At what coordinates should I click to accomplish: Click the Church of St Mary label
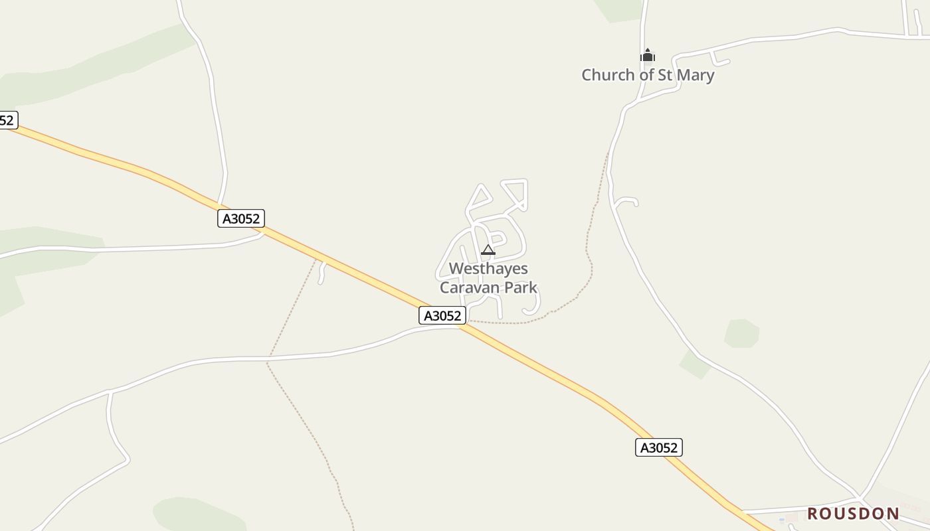[648, 75]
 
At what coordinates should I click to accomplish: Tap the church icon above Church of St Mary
[648, 56]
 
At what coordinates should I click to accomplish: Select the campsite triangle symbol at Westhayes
[488, 250]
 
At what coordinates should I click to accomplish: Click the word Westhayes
[488, 269]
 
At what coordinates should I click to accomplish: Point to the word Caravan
[468, 287]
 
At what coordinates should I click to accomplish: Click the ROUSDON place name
[853, 513]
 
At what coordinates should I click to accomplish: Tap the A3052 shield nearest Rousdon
[658, 448]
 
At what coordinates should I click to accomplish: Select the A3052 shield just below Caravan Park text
[442, 316]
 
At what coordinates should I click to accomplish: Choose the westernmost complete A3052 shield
[241, 218]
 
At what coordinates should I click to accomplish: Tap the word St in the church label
[665, 75]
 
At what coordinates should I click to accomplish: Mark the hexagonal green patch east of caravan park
[741, 333]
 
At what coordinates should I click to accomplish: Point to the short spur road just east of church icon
[720, 59]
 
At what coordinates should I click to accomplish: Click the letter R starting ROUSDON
[812, 513]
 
